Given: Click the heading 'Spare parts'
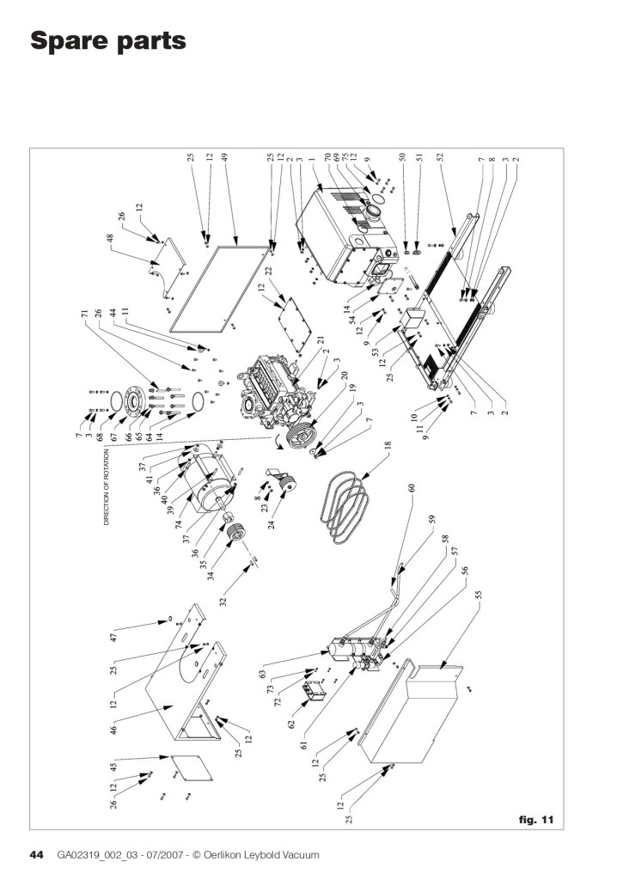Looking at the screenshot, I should pyautogui.click(x=108, y=40).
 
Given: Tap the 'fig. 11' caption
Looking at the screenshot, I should pyautogui.click(x=536, y=819).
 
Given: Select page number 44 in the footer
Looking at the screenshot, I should pyautogui.click(x=37, y=855).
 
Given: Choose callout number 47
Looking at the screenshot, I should pyautogui.click(x=113, y=638).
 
